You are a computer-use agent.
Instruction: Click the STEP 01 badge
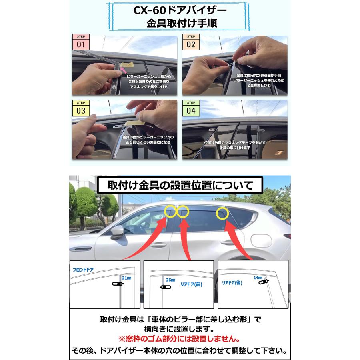81,42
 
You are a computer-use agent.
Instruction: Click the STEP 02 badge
191,42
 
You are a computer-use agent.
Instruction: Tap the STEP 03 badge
81,108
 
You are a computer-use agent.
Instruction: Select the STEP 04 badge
191,108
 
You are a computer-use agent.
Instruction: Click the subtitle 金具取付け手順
180,23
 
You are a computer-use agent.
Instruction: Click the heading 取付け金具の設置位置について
180,185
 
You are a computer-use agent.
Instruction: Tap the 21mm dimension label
126,277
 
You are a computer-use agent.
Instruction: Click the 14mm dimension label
258,277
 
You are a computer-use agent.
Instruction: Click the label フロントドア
83,270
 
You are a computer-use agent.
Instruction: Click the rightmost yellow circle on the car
222,213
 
